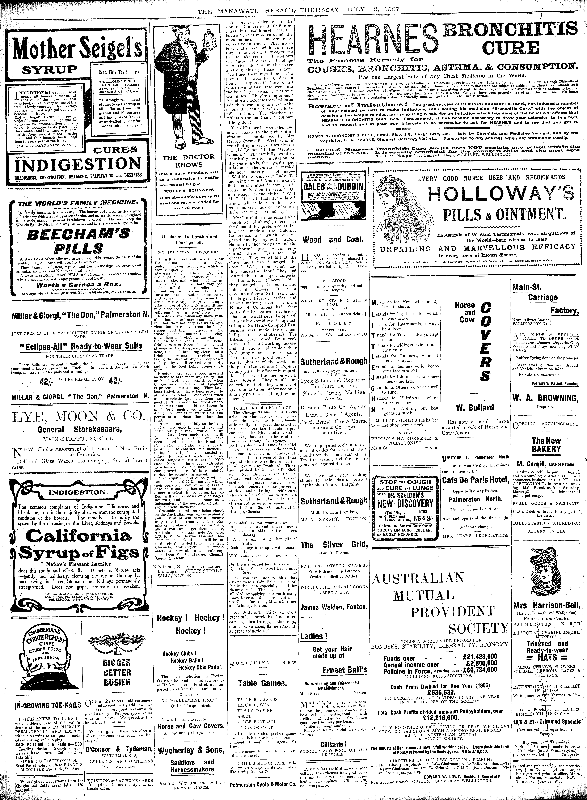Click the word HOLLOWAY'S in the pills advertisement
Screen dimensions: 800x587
pyautogui.click(x=501, y=194)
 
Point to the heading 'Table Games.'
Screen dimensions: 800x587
pyautogui.click(x=262, y=683)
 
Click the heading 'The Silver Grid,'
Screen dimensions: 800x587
pyautogui.click(x=334, y=545)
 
